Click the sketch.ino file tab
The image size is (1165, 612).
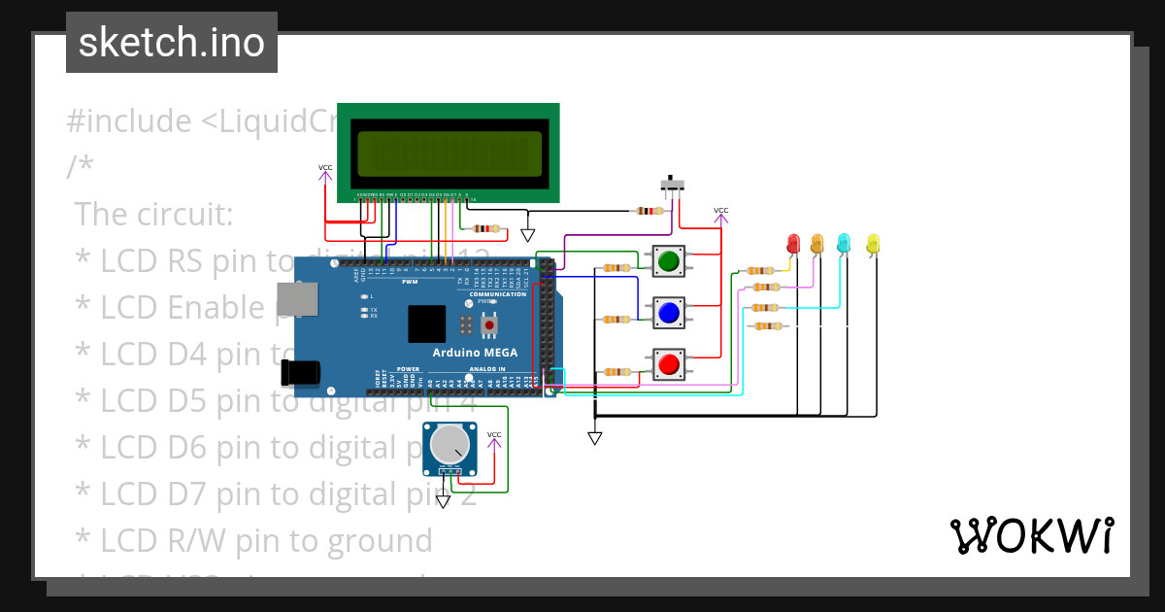(172, 43)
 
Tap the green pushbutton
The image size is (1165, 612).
(668, 260)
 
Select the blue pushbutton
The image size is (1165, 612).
(668, 313)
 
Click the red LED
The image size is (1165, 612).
(792, 242)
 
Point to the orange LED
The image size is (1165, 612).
(817, 242)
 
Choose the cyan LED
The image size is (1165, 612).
(844, 242)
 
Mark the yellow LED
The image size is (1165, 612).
(872, 243)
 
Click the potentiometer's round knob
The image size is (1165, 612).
(449, 446)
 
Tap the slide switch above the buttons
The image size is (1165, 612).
(671, 184)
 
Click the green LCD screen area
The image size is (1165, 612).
(449, 153)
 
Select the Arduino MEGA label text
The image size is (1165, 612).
(475, 353)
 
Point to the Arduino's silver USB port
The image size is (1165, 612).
(297, 299)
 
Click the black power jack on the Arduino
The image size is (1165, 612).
(300, 371)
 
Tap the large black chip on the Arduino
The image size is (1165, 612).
(428, 323)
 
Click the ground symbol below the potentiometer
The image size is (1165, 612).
(443, 501)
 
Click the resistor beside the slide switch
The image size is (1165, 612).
(649, 211)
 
